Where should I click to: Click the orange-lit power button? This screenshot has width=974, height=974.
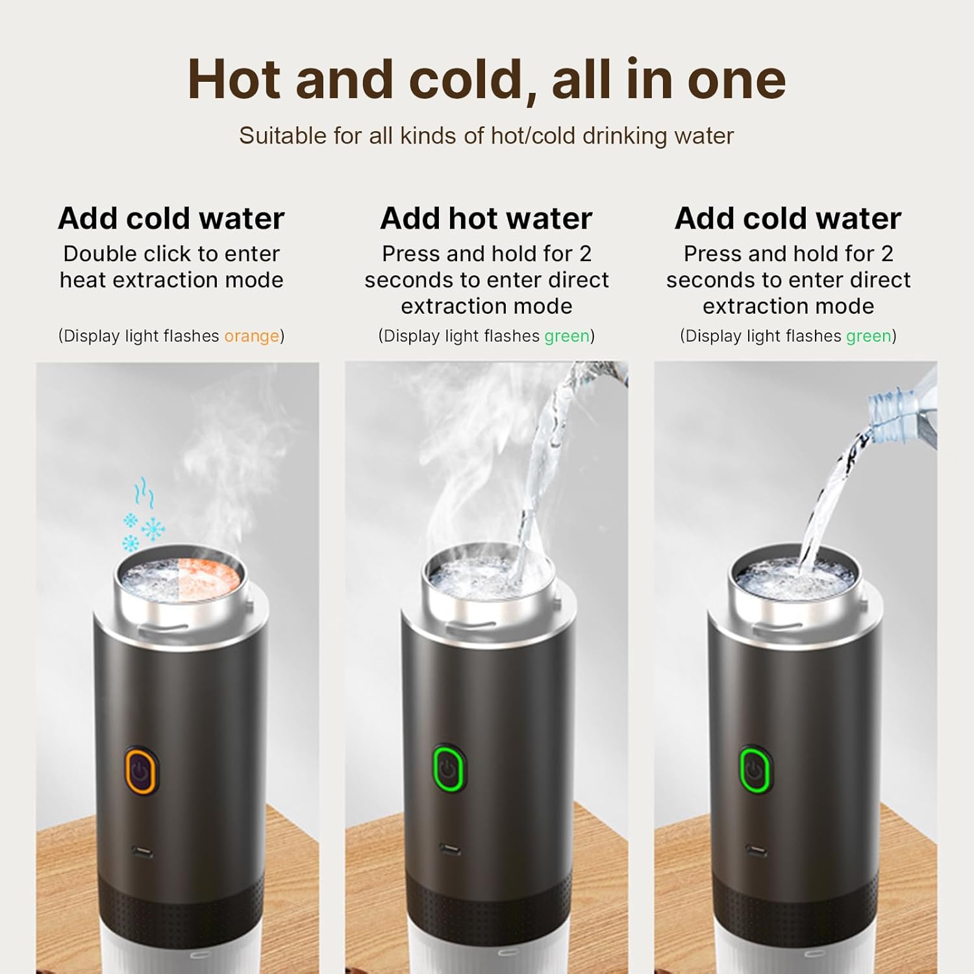coord(140,771)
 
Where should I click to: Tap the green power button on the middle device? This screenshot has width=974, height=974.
coord(448,768)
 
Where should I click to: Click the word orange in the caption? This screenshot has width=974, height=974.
coord(251,336)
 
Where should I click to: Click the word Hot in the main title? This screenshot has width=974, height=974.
coord(235,80)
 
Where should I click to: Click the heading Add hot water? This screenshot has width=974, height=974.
coord(486,218)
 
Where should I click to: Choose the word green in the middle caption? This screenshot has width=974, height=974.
coord(567,336)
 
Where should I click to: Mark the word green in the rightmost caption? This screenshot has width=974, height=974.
coord(868,336)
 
